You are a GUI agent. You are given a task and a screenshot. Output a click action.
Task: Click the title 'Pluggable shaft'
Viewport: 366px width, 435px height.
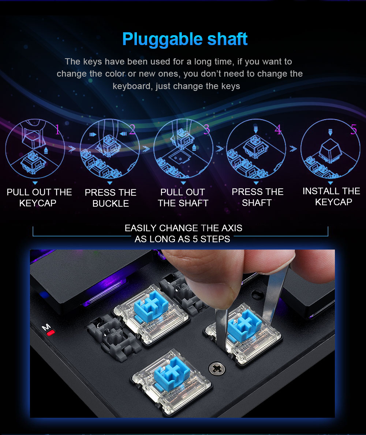click(x=184, y=39)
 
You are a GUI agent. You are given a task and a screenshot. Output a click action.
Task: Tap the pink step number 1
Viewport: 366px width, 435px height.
click(x=57, y=130)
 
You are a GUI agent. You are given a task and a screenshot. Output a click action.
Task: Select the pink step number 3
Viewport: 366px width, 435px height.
click(x=207, y=130)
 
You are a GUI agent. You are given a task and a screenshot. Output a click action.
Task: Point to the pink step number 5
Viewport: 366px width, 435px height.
click(x=354, y=129)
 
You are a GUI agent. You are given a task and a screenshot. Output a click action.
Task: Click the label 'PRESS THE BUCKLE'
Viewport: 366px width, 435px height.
click(x=111, y=198)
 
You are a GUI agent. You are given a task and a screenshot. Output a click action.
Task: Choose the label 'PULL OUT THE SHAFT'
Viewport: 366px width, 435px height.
click(x=183, y=198)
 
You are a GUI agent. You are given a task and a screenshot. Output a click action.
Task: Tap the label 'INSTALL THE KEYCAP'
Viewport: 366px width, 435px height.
click(x=331, y=196)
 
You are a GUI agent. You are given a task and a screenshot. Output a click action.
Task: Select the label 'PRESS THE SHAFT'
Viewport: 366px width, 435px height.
click(x=257, y=197)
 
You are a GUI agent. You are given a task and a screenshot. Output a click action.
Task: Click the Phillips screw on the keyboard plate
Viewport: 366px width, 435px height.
click(x=217, y=369)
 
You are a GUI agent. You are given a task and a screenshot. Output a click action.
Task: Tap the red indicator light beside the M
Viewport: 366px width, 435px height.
click(x=51, y=332)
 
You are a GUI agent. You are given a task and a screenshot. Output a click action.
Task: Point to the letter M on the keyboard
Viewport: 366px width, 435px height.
click(x=46, y=327)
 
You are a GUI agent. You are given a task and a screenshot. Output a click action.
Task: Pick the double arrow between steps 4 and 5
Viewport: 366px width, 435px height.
click(x=293, y=149)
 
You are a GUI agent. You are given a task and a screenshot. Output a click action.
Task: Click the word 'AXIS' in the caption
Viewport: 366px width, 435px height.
click(x=232, y=228)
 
